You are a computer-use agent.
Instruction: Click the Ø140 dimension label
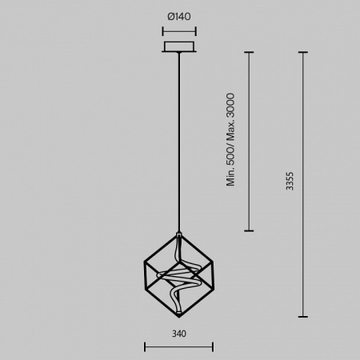click(x=179, y=17)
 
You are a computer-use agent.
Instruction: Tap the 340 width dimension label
click(x=179, y=334)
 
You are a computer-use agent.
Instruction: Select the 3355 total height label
click(x=290, y=181)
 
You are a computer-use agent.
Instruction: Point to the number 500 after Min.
click(x=230, y=156)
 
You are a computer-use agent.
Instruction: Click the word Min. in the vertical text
click(x=230, y=177)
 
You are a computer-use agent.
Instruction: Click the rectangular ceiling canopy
click(x=179, y=46)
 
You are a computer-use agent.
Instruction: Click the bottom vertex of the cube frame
click(x=179, y=317)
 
